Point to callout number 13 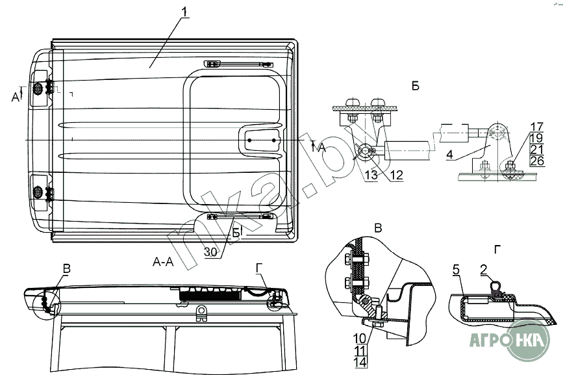click(x=370, y=174)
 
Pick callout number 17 click(x=536, y=126)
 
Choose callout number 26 click(x=536, y=161)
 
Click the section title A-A click(x=162, y=262)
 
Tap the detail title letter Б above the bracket click(x=414, y=86)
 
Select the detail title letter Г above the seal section click(x=497, y=248)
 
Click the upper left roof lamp click(x=38, y=88)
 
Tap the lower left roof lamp click(x=38, y=192)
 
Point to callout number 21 click(x=536, y=149)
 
